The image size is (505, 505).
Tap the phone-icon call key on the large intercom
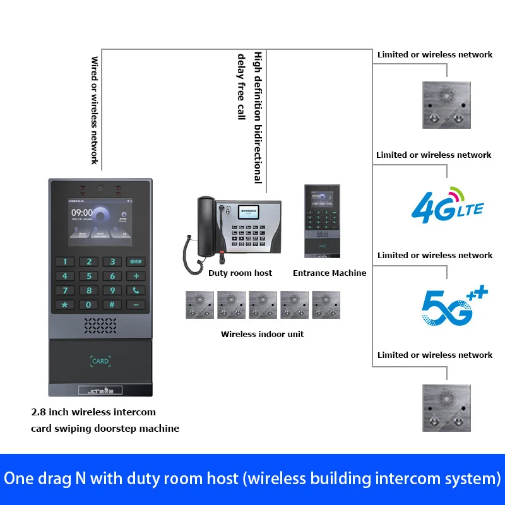click(136, 290)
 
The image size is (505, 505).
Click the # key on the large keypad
click(112, 304)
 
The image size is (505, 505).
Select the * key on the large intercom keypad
click(64, 304)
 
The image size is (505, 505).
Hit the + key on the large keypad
click(136, 276)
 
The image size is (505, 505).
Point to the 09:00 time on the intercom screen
click(82, 213)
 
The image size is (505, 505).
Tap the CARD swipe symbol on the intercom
click(100, 361)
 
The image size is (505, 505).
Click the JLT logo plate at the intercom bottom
click(100, 391)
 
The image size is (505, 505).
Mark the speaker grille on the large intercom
click(100, 325)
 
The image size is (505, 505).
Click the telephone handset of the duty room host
click(205, 227)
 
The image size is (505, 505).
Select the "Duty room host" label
click(240, 273)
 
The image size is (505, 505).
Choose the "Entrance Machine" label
click(330, 273)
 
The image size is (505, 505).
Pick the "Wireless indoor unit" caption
click(262, 334)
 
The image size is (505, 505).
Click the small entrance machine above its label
click(322, 221)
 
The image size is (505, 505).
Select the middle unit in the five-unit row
click(263, 305)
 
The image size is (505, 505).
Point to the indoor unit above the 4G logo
click(446, 105)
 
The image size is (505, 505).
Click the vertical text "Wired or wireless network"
click(95, 110)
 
